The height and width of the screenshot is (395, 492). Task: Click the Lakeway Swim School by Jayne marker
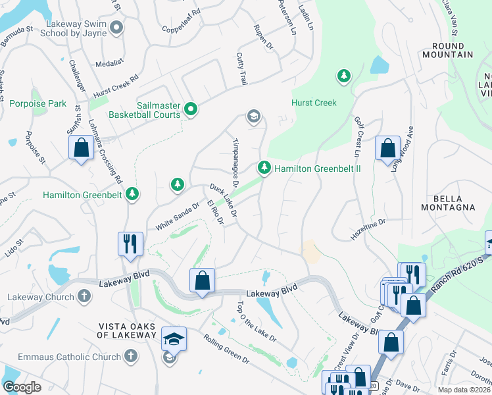tap(117, 27)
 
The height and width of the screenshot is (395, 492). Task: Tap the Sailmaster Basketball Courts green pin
tap(191, 109)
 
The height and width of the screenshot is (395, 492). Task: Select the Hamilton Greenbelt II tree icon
tap(264, 169)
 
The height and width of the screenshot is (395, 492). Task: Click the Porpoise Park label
tap(38, 103)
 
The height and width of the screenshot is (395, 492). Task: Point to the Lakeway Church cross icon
tap(84, 296)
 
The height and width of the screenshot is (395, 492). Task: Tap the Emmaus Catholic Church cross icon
tap(130, 356)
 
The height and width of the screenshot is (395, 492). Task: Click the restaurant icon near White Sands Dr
tap(129, 244)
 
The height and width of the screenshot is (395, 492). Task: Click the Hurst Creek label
tap(314, 103)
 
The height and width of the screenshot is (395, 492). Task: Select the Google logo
tap(22, 387)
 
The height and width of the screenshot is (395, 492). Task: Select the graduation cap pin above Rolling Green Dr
tap(174, 339)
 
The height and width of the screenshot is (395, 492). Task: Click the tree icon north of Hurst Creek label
tap(343, 76)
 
